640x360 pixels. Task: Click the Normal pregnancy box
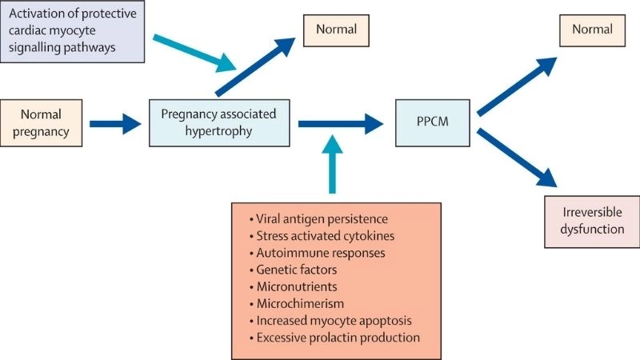[41, 123]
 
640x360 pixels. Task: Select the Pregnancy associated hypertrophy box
[219, 123]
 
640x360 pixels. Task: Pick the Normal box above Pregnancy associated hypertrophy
[335, 30]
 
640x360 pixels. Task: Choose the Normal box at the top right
[592, 30]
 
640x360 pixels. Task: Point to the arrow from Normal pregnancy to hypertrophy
[116, 124]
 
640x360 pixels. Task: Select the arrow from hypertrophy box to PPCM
[341, 124]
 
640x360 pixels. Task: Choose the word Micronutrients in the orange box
[297, 286]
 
